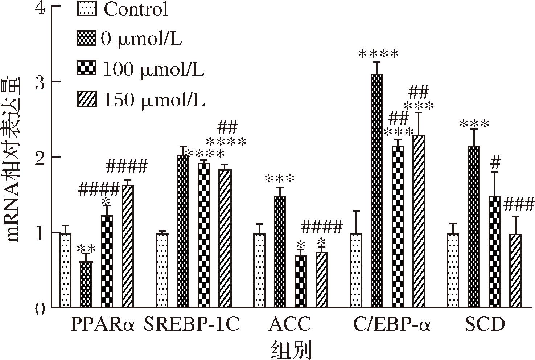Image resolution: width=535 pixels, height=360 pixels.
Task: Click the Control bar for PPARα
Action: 65,270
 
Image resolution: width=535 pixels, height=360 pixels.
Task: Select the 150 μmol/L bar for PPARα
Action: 128,246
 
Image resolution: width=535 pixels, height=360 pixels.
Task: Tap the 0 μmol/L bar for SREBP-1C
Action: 183,231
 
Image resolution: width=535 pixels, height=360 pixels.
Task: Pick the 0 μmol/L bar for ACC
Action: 280,251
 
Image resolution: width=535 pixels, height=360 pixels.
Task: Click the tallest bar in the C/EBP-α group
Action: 377,191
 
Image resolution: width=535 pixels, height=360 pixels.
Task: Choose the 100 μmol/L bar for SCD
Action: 494,251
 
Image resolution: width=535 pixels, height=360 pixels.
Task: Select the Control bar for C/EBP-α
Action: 356,270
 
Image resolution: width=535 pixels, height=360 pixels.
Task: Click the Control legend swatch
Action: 87,9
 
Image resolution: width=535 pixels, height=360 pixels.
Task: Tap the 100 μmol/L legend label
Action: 153,69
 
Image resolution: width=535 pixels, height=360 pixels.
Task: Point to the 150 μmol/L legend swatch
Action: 87,99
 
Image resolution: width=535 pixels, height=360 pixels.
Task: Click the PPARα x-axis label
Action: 103,324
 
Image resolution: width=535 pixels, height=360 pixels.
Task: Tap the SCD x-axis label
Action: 485,324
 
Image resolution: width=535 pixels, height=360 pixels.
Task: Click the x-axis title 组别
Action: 291,349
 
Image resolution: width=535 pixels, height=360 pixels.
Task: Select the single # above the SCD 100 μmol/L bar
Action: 495,164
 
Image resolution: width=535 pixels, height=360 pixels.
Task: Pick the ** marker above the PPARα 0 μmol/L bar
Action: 86,249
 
